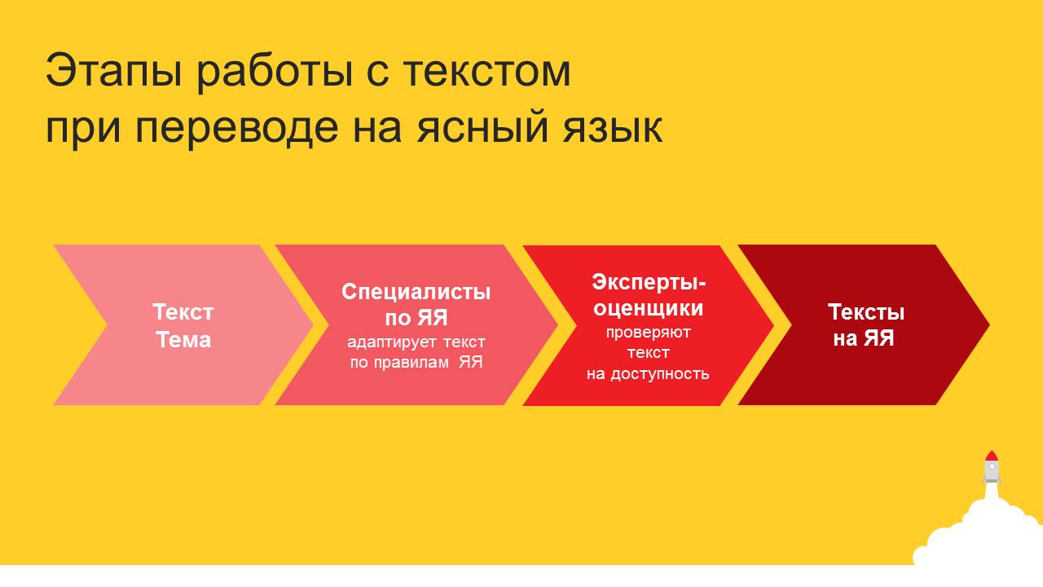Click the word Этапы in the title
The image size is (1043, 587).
click(114, 71)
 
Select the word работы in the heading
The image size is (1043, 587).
click(274, 71)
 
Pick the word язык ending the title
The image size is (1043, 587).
click(612, 127)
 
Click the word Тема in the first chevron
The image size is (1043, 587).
click(183, 340)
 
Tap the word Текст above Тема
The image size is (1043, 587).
click(183, 312)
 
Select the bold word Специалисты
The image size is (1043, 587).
click(416, 292)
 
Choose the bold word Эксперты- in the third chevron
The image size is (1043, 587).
click(649, 282)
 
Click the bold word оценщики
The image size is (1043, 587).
click(648, 308)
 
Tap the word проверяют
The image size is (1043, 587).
click(648, 333)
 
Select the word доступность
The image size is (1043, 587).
click(659, 374)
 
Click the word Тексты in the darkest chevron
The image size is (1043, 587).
click(866, 312)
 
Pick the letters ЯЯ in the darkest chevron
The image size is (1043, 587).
click(878, 338)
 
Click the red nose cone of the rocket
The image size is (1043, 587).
click(992, 456)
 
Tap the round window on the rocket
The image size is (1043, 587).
click(992, 466)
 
